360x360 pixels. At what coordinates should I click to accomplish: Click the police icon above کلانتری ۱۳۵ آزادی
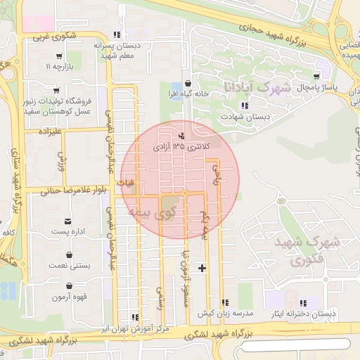pos(183,135)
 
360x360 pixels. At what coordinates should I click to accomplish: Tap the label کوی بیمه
pos(148,210)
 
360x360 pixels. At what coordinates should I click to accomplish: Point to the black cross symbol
pos(202,268)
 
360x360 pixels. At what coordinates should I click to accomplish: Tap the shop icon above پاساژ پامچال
pos(318,75)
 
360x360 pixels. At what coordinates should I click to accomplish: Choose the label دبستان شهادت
pos(244,117)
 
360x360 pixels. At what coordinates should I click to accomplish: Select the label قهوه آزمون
pos(69,297)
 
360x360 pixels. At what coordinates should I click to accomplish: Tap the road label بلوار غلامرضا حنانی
pos(65,189)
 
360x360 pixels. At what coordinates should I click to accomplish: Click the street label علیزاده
pos(52,131)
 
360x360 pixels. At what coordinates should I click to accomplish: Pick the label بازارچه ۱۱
pos(60,67)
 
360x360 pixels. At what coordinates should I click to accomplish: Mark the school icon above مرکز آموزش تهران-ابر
pos(134,317)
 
